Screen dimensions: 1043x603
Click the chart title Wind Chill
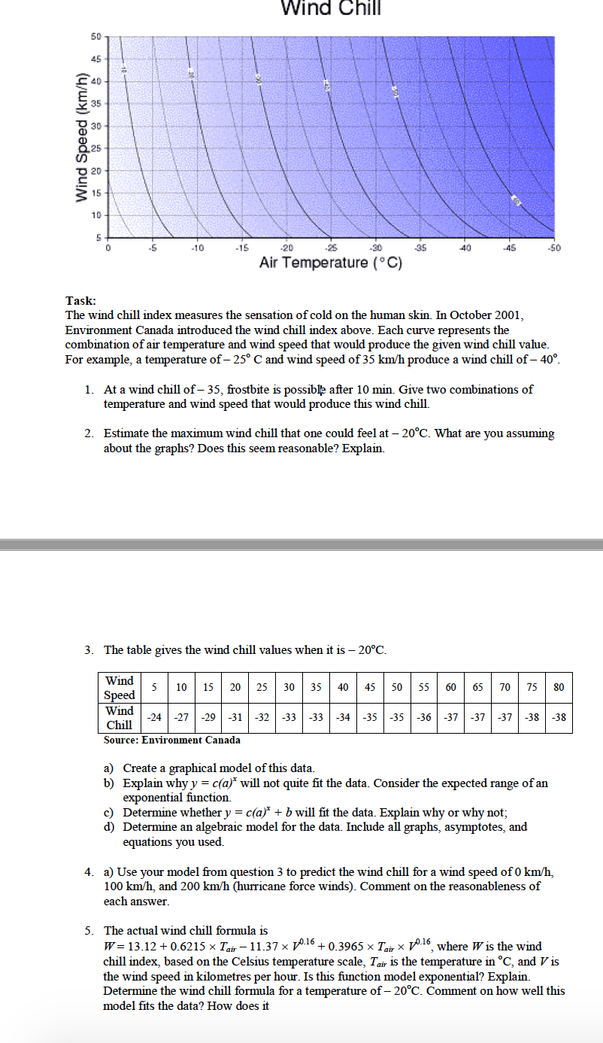[331, 8]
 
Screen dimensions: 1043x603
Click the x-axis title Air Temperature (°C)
[332, 263]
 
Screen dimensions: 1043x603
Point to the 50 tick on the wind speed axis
[96, 36]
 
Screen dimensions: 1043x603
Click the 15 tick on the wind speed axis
[96, 193]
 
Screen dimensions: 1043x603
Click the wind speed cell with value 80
[559, 687]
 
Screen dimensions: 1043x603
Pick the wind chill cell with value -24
[154, 717]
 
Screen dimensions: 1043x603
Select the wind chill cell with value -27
[181, 717]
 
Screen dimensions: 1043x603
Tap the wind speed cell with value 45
[370, 687]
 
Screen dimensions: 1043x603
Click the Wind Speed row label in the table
[120, 688]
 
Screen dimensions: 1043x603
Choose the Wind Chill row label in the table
[120, 717]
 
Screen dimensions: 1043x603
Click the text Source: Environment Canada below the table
[172, 740]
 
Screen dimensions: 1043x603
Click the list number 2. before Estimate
[89, 433]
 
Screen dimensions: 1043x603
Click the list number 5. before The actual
[89, 931]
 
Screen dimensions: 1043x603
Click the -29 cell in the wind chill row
[208, 717]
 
